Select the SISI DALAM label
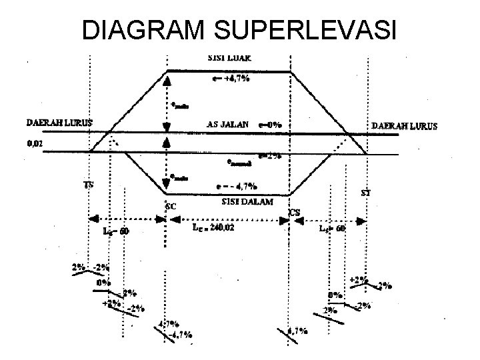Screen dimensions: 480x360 pos(245,201)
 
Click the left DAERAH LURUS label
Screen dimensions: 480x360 pos(59,123)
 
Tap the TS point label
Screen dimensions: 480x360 pos(89,184)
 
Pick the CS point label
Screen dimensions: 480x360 pos(294,213)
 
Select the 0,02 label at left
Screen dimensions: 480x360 pos(34,143)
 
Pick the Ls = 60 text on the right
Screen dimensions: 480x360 pos(331,228)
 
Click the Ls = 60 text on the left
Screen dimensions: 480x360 pos(116,231)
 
